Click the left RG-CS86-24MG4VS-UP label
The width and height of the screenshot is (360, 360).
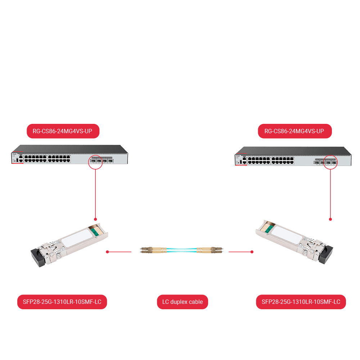(63, 131)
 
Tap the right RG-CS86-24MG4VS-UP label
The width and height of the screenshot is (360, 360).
(294, 131)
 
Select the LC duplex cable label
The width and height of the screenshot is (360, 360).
(183, 302)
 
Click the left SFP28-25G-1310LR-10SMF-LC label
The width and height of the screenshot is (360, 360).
(62, 302)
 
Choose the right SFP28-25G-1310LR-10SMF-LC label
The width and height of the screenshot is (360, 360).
(301, 302)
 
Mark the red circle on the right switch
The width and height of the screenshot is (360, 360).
(330, 162)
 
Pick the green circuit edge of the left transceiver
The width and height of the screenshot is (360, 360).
(96, 231)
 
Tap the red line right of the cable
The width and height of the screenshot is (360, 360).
(240, 252)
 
